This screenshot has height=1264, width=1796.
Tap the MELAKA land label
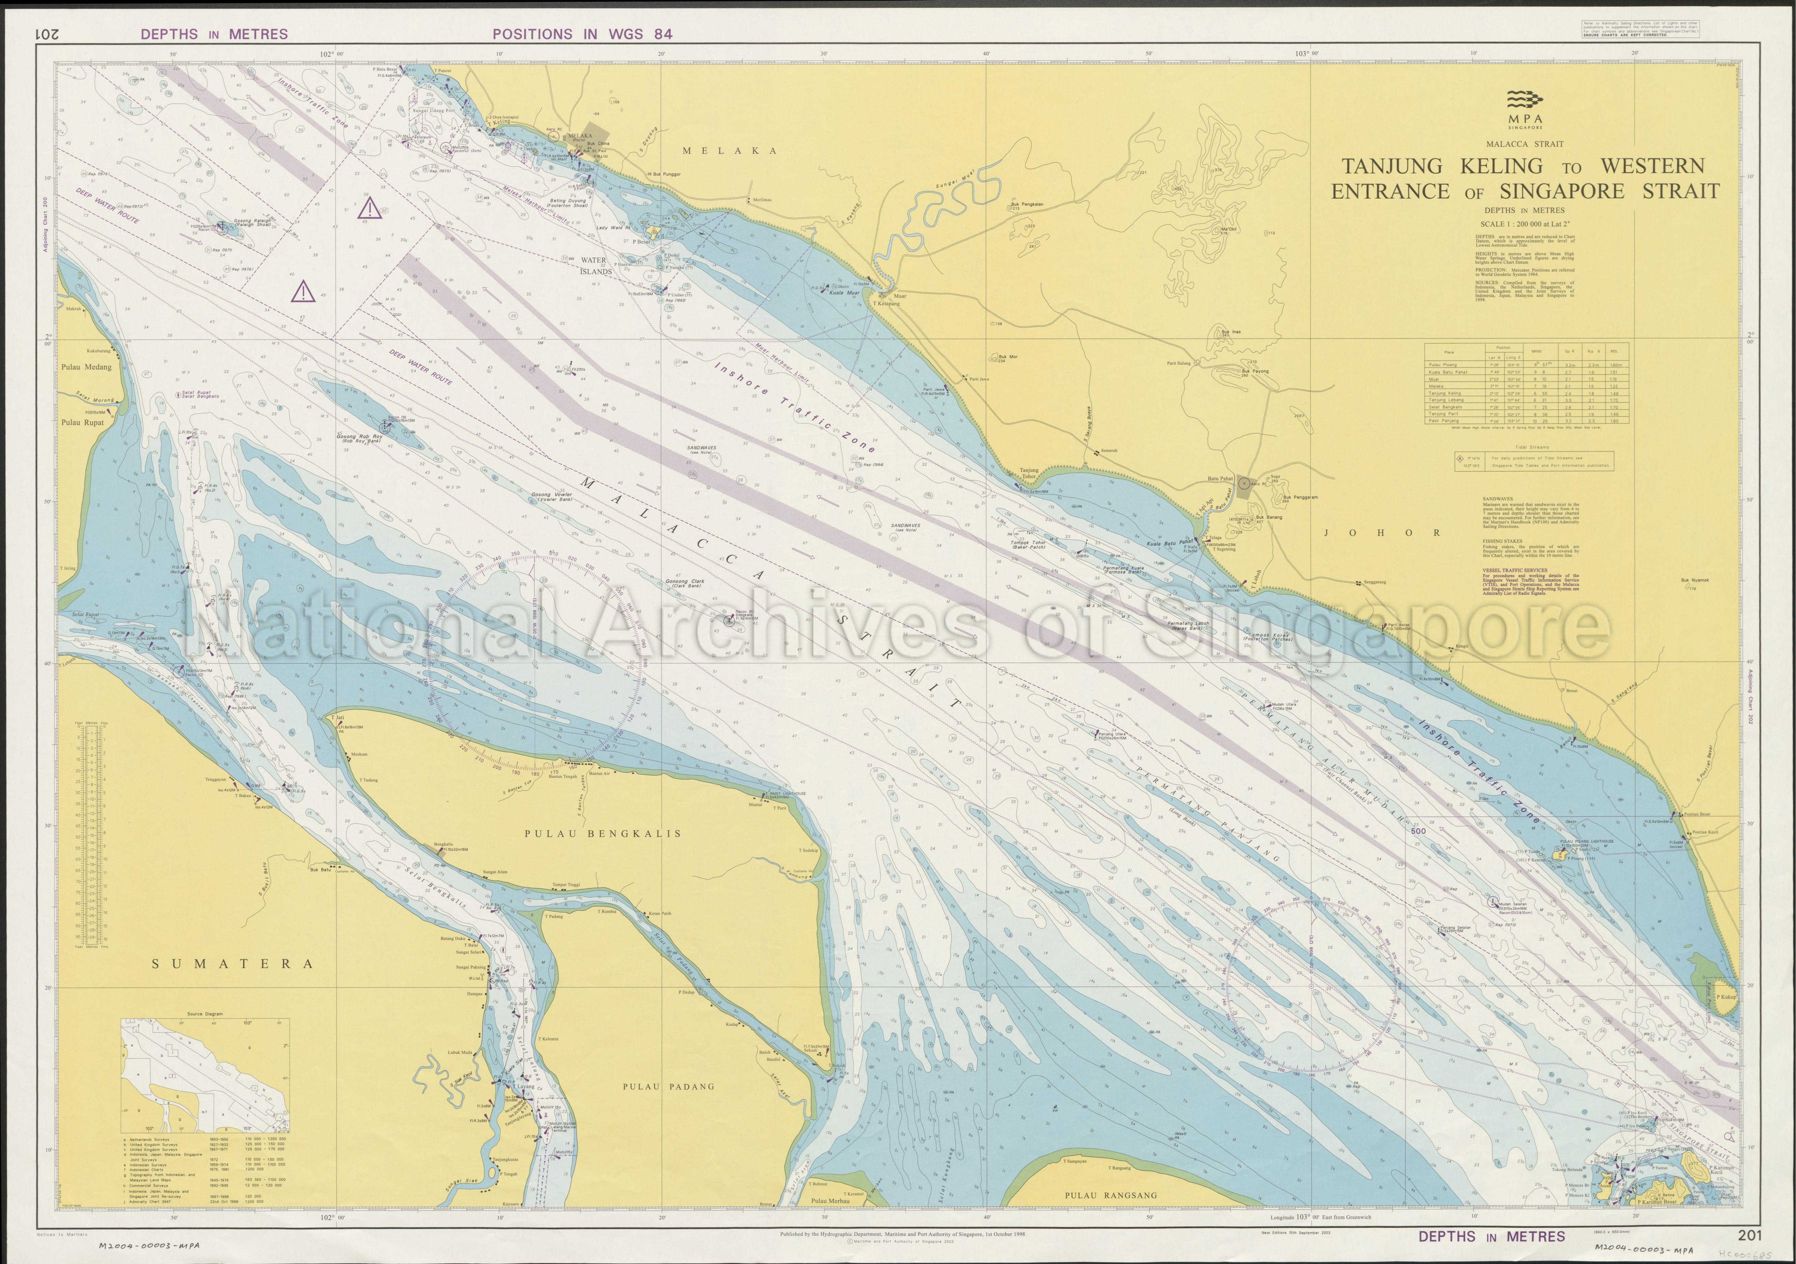click(730, 151)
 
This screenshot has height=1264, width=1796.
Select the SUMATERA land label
click(232, 964)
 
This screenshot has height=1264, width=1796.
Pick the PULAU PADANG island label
click(669, 1086)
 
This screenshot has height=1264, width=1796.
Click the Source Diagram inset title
click(205, 1014)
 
